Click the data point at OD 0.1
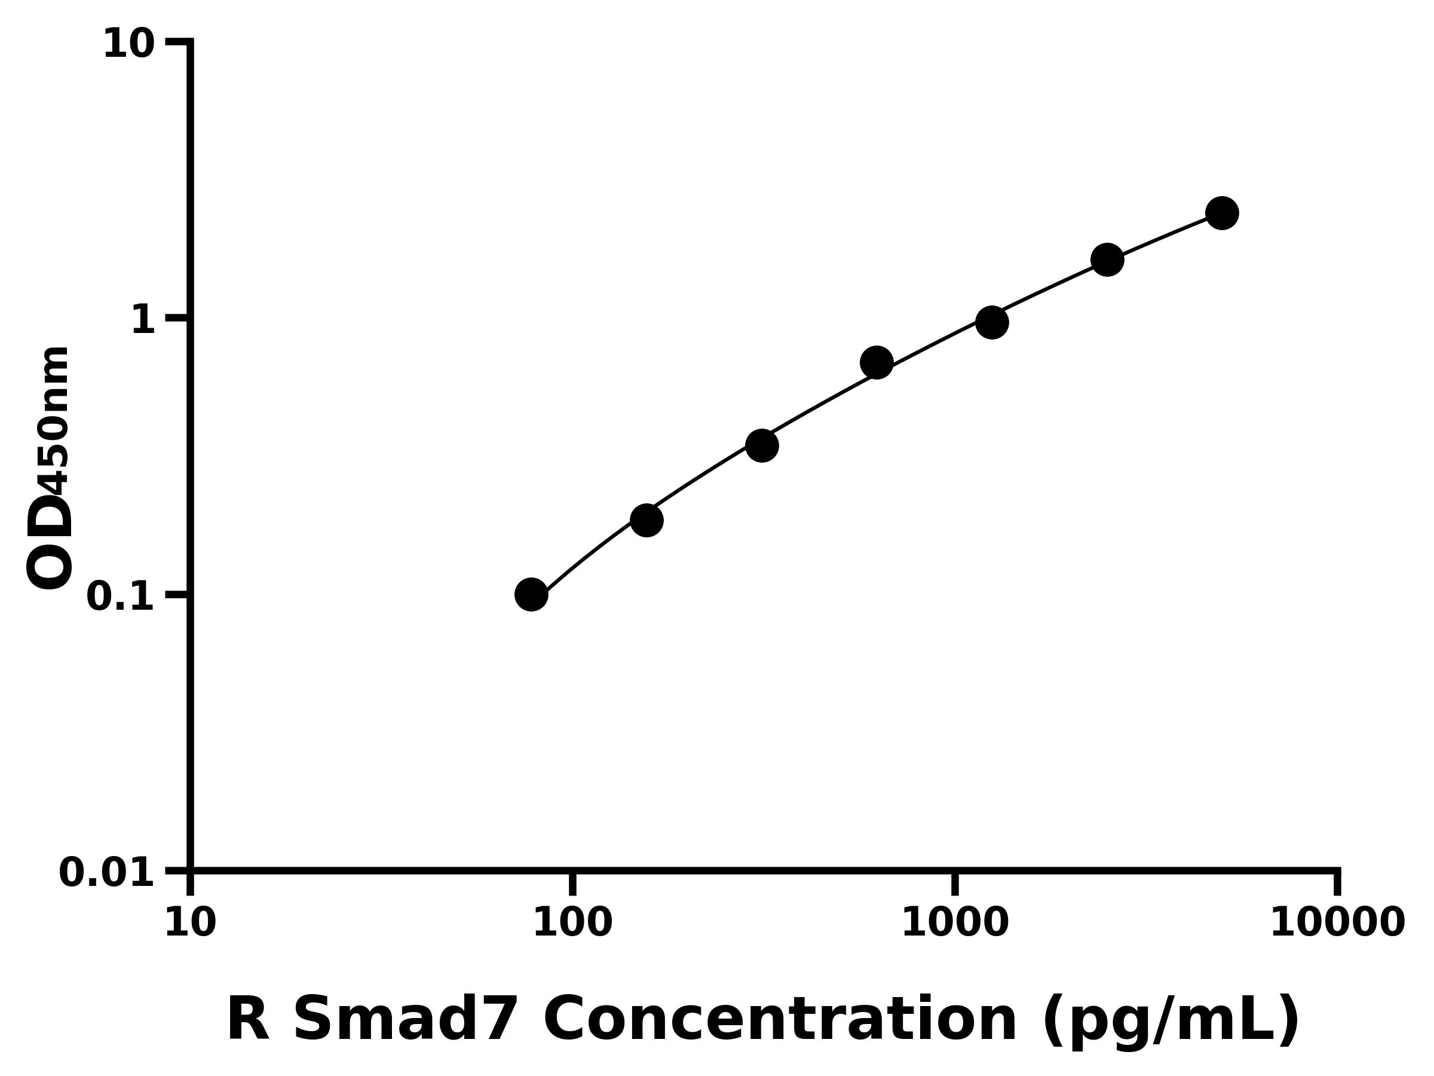pyautogui.click(x=531, y=595)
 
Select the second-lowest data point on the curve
pyautogui.click(x=646, y=520)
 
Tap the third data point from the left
pyautogui.click(x=762, y=445)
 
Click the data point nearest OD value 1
pyautogui.click(x=992, y=322)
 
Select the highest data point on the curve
pyautogui.click(x=1222, y=213)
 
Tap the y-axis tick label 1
pyautogui.click(x=143, y=320)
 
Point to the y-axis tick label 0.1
pyautogui.click(x=121, y=597)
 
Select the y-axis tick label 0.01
pyautogui.click(x=107, y=873)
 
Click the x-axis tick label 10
pyautogui.click(x=190, y=923)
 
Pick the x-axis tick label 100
pyautogui.click(x=572, y=923)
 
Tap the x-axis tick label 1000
pyautogui.click(x=955, y=923)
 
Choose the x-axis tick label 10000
pyautogui.click(x=1337, y=923)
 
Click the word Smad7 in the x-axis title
pyautogui.click(x=406, y=1020)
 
